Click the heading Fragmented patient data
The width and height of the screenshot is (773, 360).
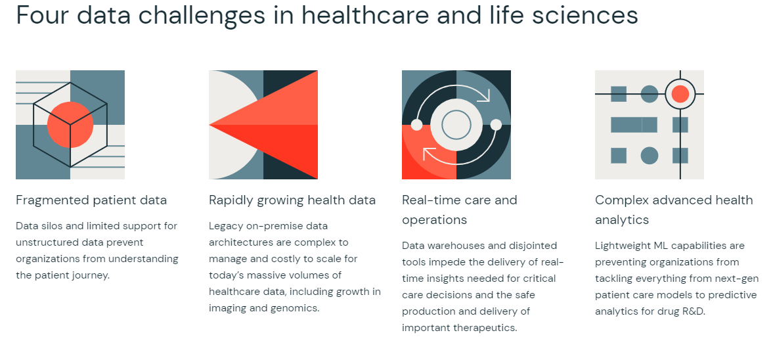[91, 200]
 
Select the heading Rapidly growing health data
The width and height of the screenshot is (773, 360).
[292, 200]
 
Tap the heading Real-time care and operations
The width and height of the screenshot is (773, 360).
[460, 210]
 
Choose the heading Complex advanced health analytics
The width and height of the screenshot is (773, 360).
[674, 210]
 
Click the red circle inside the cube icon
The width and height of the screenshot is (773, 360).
[70, 125]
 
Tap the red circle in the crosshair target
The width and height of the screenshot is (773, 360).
[680, 94]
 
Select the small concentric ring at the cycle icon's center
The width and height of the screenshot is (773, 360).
[456, 125]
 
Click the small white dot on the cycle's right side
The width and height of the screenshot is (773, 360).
[496, 125]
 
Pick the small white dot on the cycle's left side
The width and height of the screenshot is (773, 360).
[416, 125]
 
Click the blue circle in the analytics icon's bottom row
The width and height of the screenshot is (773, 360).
[650, 155]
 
